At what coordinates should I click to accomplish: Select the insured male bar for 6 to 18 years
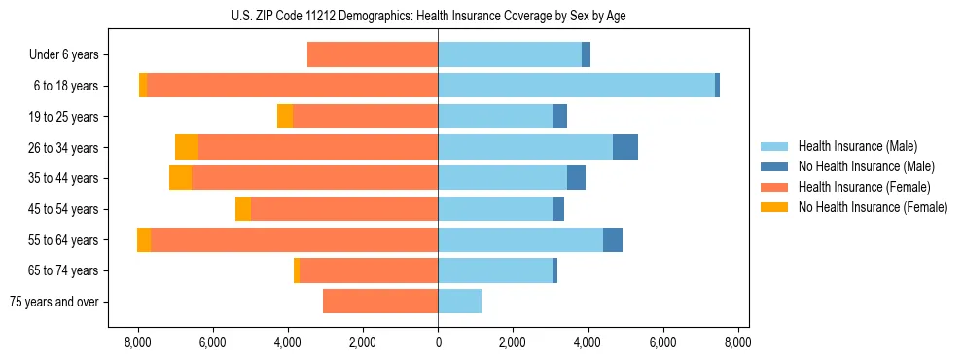pyautogui.click(x=576, y=86)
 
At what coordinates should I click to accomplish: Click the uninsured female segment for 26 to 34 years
pyautogui.click(x=187, y=147)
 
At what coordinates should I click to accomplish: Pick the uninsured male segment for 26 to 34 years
pyautogui.click(x=625, y=147)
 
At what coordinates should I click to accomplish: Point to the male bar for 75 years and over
pyautogui.click(x=459, y=302)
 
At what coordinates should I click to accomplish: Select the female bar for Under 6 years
pyautogui.click(x=373, y=54)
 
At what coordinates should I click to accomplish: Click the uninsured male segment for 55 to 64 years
pyautogui.click(x=613, y=239)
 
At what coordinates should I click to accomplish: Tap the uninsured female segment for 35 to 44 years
pyautogui.click(x=180, y=178)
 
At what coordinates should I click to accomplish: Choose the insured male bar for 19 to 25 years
pyautogui.click(x=495, y=117)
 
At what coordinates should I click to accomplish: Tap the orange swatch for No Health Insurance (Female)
pyautogui.click(x=775, y=207)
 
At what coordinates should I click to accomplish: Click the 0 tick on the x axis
pyautogui.click(x=438, y=342)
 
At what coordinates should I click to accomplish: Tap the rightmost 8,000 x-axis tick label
pyautogui.click(x=737, y=342)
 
